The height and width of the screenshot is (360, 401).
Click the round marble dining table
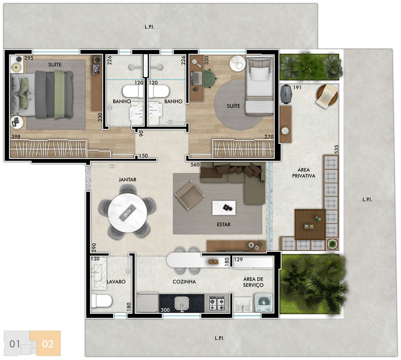(128, 213)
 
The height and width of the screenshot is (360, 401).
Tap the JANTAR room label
(128, 180)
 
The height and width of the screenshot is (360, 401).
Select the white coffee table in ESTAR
(224, 208)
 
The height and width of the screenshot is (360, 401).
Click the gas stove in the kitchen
(217, 303)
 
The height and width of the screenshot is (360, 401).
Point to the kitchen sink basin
(182, 303)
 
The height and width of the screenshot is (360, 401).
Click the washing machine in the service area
(264, 303)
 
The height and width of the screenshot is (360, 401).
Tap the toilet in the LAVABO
(101, 301)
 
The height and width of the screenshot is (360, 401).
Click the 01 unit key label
(15, 344)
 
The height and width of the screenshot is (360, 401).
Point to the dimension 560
(195, 165)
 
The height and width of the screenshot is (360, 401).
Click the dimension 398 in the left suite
(16, 137)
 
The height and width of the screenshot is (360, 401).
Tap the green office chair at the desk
(209, 78)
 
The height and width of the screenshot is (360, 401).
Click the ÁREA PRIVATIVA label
(304, 173)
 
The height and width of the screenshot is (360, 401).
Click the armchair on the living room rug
(190, 195)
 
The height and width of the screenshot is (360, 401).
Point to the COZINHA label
(184, 282)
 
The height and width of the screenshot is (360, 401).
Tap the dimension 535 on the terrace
(336, 149)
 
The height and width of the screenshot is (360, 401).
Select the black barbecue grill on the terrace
(286, 94)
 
